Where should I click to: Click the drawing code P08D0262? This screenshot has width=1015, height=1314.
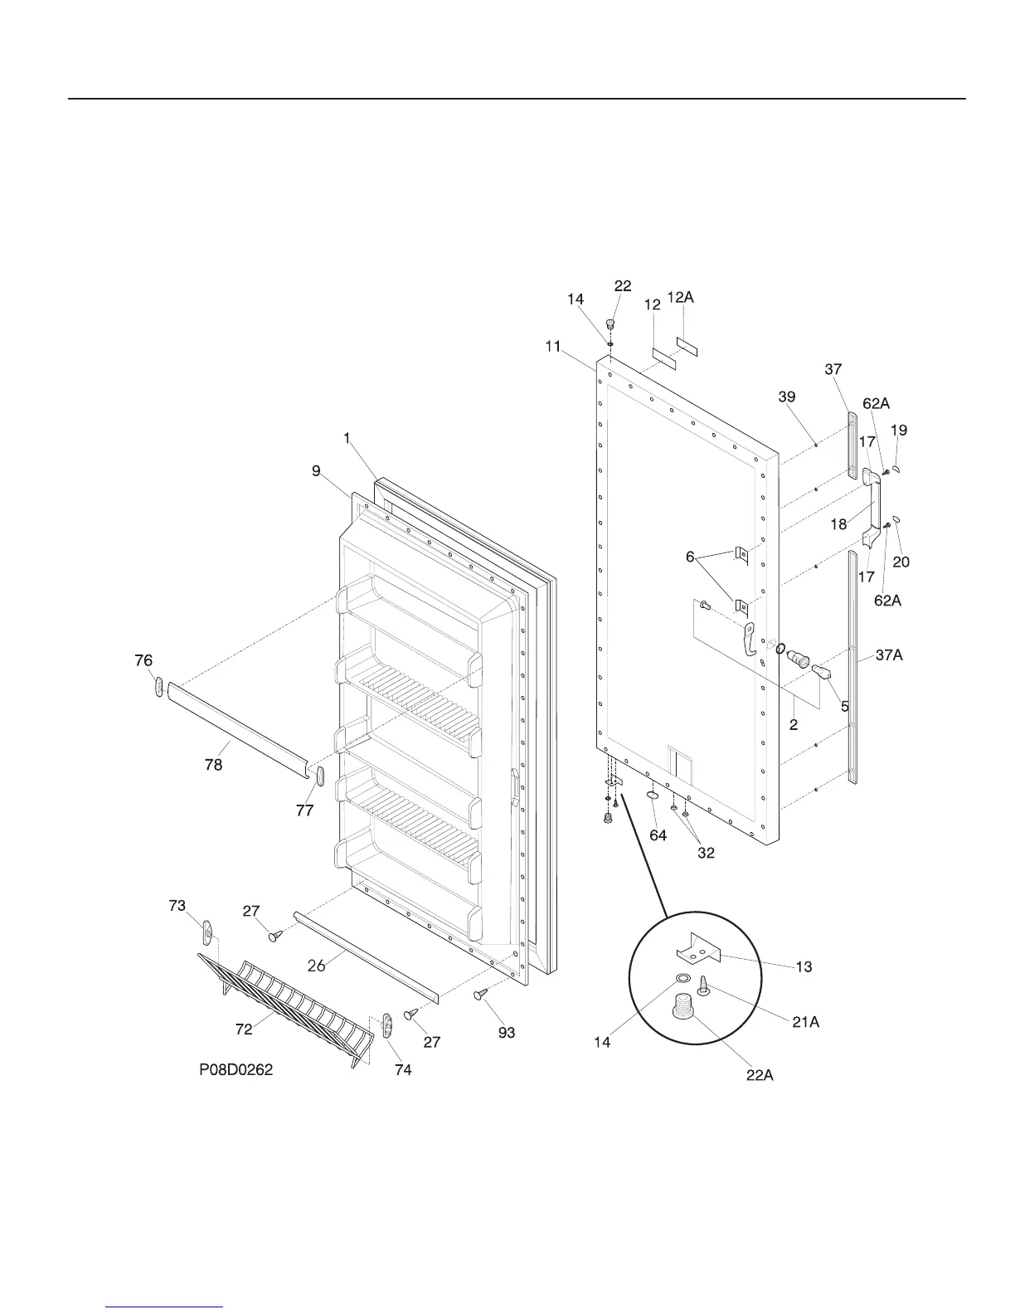click(x=236, y=1070)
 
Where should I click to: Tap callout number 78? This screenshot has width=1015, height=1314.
click(x=214, y=765)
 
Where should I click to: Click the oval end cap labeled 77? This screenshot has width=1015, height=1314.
click(x=319, y=777)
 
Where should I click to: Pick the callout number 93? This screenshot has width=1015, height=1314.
click(x=506, y=1033)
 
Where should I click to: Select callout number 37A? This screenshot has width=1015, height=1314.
click(x=888, y=655)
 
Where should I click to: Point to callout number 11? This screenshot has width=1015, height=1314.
click(x=553, y=347)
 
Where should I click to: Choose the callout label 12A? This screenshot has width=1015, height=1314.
click(x=680, y=297)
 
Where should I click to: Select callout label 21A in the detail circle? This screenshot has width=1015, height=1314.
click(x=805, y=1023)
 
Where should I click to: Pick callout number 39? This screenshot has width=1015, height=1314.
click(x=787, y=397)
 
